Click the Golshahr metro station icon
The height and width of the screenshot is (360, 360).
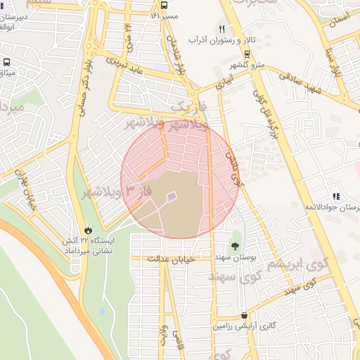(246, 53)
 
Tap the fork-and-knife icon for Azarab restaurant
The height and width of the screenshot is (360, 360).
(222, 29)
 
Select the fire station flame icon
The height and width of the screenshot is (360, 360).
(88, 230)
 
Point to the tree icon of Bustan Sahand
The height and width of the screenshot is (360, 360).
(234, 247)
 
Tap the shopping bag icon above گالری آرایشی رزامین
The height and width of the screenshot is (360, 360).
(244, 316)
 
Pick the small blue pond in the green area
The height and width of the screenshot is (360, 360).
(103, 311)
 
